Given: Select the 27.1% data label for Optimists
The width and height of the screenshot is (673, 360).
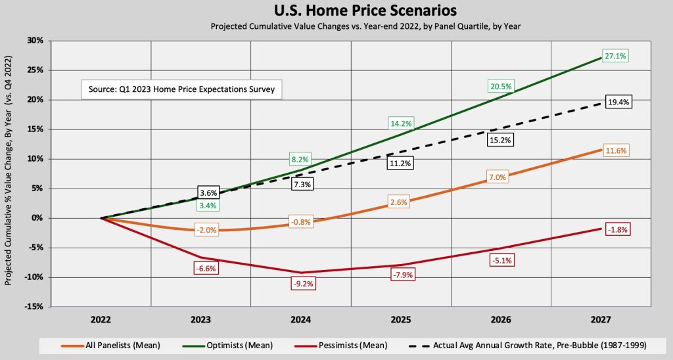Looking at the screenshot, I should [x=612, y=56].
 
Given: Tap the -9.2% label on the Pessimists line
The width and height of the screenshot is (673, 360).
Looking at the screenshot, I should [x=301, y=284].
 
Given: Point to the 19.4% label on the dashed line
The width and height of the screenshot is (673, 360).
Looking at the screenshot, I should [x=612, y=102].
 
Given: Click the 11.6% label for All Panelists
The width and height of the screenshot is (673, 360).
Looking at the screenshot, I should [x=612, y=150].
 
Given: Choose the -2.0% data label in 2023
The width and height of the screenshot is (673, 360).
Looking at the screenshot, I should [x=201, y=230].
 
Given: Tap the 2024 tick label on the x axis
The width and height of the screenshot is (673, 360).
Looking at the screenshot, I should [x=301, y=319].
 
